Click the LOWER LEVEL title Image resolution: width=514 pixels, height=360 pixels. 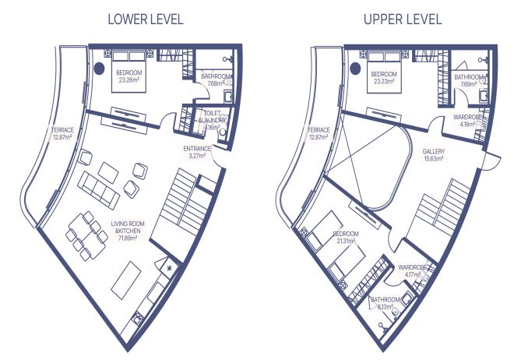[x=146, y=19]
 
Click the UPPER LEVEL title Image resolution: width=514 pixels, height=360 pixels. [x=403, y=19]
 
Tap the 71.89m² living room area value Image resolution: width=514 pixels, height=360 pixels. [x=128, y=238]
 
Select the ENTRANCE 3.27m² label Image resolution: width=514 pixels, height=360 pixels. [x=196, y=152]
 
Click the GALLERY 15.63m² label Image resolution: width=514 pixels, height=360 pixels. [x=433, y=155]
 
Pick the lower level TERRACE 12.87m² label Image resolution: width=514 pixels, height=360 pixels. [x=62, y=134]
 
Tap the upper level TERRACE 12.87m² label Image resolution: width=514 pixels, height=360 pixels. [x=319, y=134]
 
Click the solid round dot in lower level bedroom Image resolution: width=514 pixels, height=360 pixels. [x=100, y=69]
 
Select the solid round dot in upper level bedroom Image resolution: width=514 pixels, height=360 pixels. [x=355, y=69]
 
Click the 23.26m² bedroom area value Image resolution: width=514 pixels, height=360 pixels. [x=128, y=79]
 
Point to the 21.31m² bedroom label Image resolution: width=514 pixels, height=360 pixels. [x=346, y=238]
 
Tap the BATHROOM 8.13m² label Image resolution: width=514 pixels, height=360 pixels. [x=385, y=303]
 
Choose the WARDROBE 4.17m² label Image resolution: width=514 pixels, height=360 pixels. [x=413, y=271]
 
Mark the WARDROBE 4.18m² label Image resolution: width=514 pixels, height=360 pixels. [x=468, y=121]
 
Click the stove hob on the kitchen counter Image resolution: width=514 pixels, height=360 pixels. [x=138, y=318]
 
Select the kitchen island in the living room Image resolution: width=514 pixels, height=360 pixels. [x=126, y=280]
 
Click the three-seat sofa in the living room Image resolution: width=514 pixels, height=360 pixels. [x=98, y=190]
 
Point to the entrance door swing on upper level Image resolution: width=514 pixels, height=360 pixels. [x=493, y=161]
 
